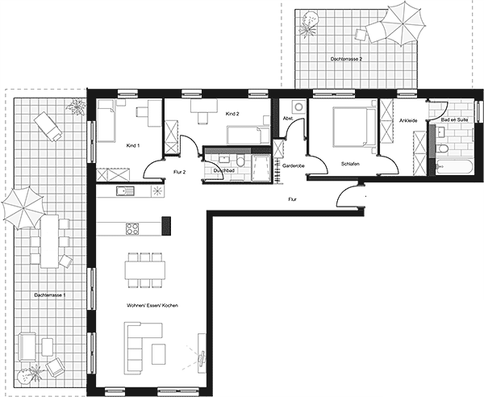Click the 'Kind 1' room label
pos(133,145)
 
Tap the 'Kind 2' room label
pos(232,114)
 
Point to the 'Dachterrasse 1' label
pos(50,295)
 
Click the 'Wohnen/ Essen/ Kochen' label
pos(152,305)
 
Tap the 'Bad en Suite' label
pos(454,119)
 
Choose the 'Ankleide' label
pos(408,120)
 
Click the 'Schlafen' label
pos(350,164)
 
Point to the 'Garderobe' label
pos(294,165)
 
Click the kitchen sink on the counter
pos(125,191)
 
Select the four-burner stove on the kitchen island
pos(132,228)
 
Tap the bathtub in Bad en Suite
pos(454,167)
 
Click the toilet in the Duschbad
pos(240,161)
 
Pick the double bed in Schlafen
pos(354,127)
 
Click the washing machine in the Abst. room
pos(298,107)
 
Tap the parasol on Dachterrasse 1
pos(23,207)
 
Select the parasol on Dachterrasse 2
pos(403,23)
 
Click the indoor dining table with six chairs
pos(145,270)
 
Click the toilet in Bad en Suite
pos(442,148)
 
